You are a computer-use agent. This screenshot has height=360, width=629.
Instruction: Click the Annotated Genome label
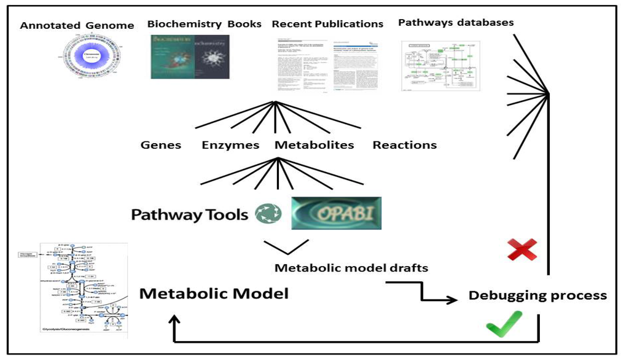pos(77,26)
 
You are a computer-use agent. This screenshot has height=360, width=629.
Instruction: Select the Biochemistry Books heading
pos(204,25)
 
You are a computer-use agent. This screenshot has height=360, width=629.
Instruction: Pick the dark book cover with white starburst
pos(212,57)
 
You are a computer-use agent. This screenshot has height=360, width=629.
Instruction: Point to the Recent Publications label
pos(327,25)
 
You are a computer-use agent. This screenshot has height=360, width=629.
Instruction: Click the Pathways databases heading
pos(456,23)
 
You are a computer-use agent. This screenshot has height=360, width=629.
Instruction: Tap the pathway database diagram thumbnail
pos(441,66)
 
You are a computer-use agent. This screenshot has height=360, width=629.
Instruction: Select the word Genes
pos(161,146)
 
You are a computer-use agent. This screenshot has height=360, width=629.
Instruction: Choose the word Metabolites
pos(314,146)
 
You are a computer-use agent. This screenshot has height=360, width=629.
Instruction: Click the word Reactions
pos(405,146)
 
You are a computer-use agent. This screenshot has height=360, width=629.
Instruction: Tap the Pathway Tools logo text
pos(190,214)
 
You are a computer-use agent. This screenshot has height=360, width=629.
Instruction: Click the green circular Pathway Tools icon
pos(268,214)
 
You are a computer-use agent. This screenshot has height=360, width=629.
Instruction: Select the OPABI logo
pos(336,214)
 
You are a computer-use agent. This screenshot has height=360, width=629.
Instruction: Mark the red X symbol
pos(522,249)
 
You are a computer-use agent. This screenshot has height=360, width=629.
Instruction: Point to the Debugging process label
pos(537,295)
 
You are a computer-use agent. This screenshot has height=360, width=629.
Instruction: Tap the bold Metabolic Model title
pos(214,294)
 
